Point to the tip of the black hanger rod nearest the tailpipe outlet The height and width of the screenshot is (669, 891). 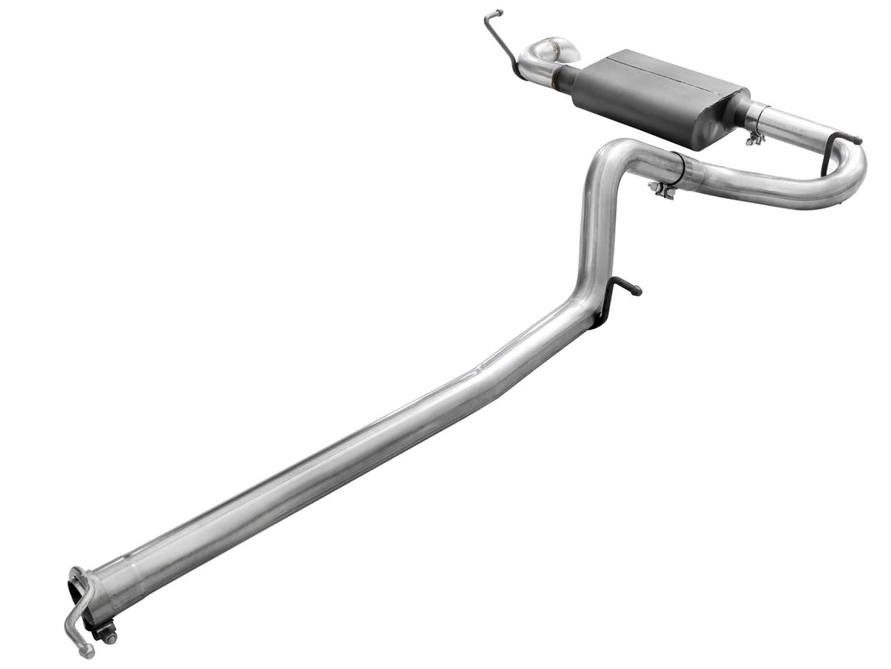(498, 12)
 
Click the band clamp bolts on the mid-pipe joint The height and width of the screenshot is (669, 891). (662, 189)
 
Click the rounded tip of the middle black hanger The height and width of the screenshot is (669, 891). (637, 291)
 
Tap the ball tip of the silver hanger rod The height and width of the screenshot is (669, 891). (87, 651)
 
